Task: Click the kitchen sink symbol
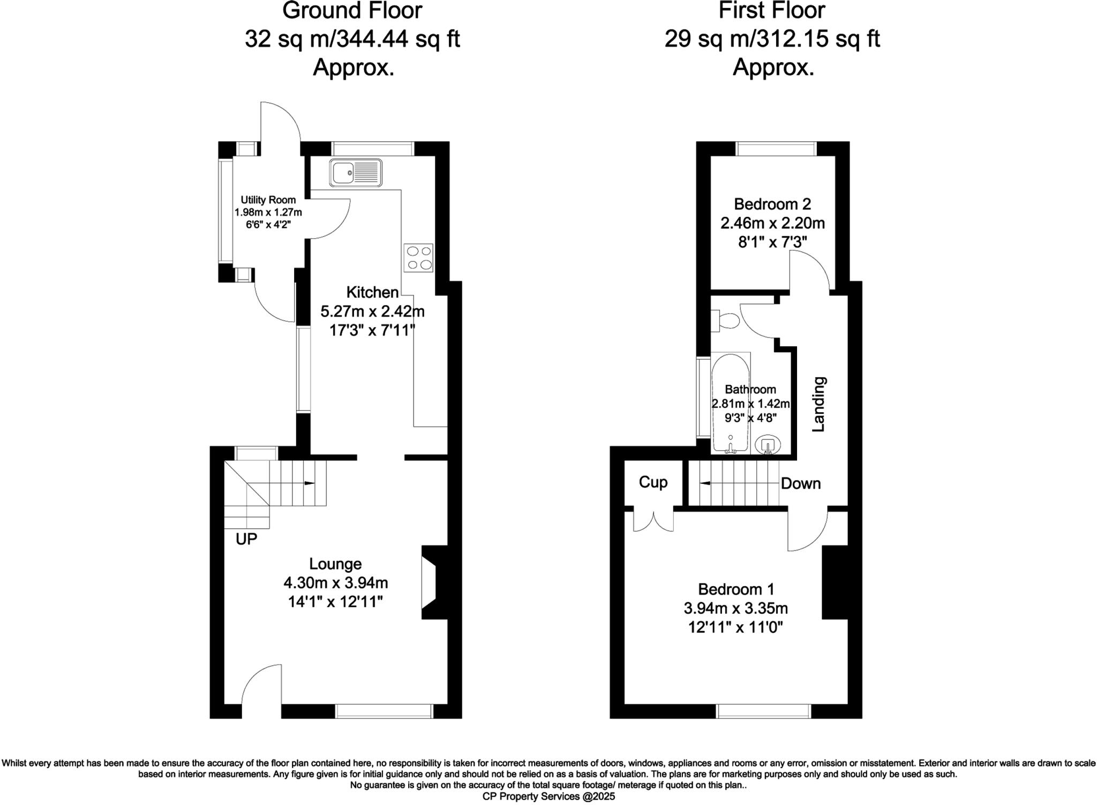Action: point(356,172)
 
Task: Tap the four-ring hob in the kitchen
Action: point(418,257)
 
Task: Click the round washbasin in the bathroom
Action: point(768,444)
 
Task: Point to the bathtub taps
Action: point(730,445)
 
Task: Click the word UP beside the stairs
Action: point(246,539)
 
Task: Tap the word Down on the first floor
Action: point(800,484)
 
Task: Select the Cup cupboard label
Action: point(653,482)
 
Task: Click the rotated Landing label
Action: point(819,404)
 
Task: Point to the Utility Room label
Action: point(268,200)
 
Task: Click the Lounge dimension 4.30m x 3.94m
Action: point(335,583)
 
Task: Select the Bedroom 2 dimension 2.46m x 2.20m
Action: point(772,223)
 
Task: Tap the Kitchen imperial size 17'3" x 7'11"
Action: point(372,330)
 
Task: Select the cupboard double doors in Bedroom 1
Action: point(653,521)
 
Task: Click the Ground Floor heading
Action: point(352,11)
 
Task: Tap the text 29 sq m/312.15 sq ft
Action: point(772,39)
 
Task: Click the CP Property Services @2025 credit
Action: point(548,796)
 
